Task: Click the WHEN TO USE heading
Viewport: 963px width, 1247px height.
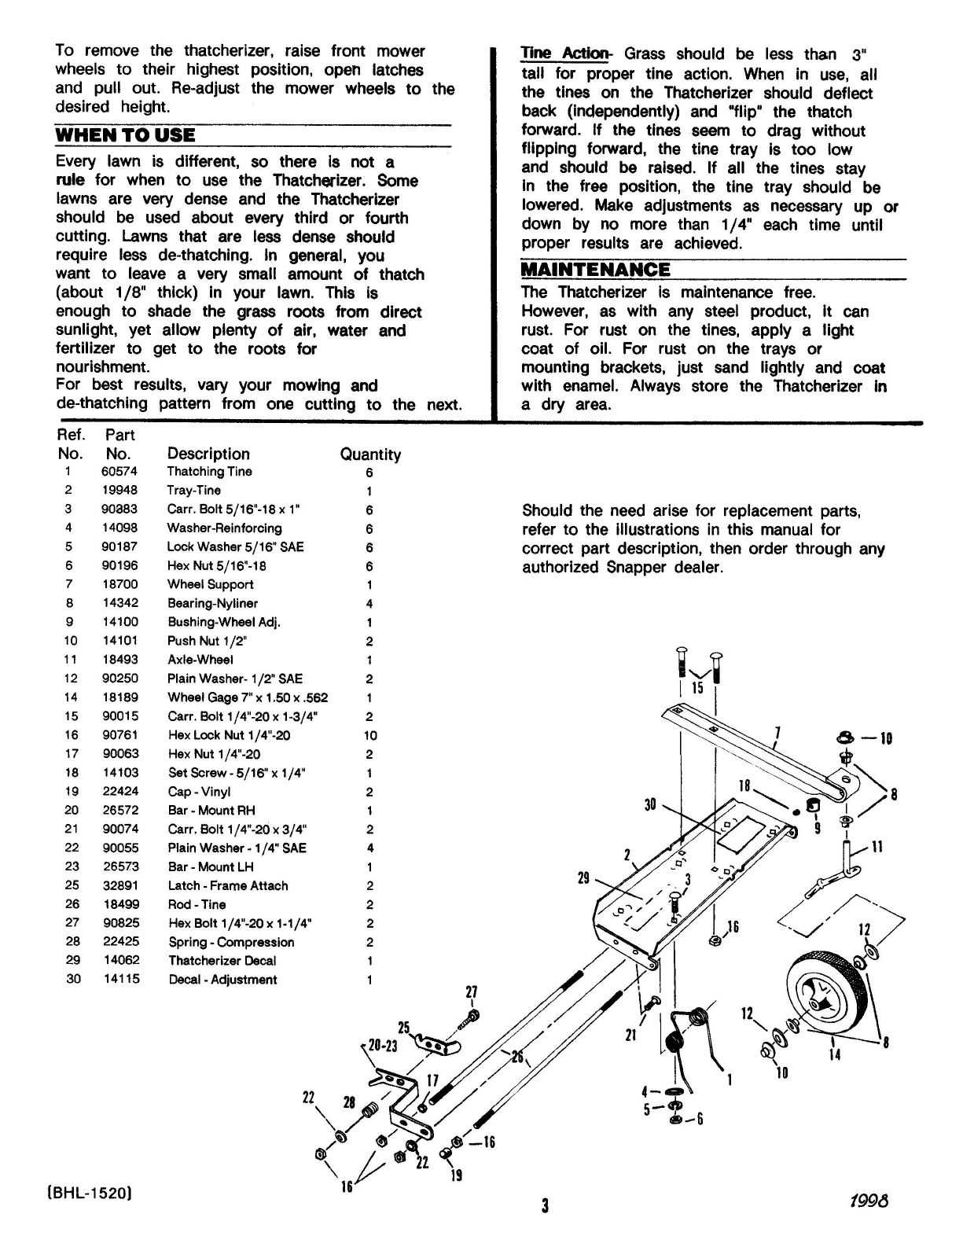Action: (126, 134)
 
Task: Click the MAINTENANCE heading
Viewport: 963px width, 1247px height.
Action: (596, 270)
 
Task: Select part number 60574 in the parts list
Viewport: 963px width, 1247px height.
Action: (119, 472)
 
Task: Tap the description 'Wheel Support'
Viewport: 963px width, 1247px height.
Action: (210, 584)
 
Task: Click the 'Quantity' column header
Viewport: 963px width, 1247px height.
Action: (369, 454)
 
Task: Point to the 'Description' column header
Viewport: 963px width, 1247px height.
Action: (208, 454)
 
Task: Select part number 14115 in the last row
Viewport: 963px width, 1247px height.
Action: (120, 980)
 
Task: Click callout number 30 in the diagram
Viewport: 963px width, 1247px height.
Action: (650, 804)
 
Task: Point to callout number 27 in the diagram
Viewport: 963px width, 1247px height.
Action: (472, 992)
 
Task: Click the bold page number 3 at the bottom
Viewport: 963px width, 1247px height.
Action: (544, 1205)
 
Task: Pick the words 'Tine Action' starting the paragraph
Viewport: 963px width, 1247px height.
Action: (565, 54)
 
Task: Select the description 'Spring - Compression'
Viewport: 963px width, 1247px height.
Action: (231, 942)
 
